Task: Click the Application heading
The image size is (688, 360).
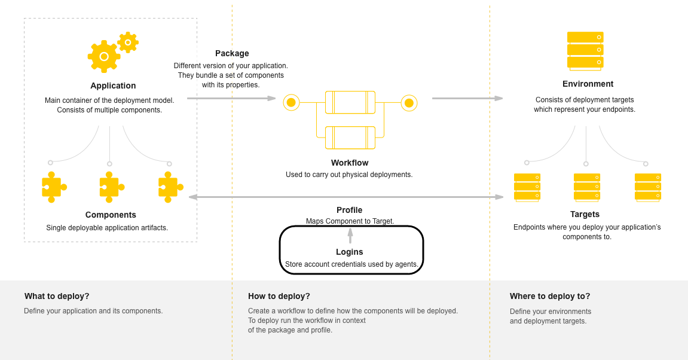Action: (113, 86)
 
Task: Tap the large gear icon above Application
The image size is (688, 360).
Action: (104, 57)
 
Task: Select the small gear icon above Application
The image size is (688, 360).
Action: (128, 42)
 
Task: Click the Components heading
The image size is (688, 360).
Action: (111, 215)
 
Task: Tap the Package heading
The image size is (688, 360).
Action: (232, 53)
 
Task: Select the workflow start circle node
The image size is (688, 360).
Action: (291, 103)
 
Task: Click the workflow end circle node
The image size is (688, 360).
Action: (409, 103)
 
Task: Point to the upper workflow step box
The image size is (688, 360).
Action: (350, 102)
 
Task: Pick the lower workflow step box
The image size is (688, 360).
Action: (350, 138)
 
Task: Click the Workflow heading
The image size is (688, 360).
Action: (350, 163)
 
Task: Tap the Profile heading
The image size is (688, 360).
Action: (349, 210)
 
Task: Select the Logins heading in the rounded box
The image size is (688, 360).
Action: (350, 252)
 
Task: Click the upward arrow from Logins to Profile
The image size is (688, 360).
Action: (350, 235)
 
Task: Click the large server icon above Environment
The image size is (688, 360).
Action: (585, 50)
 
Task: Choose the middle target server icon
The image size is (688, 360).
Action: (586, 188)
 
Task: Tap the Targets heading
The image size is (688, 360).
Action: (585, 214)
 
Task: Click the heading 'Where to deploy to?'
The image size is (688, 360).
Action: (549, 296)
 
